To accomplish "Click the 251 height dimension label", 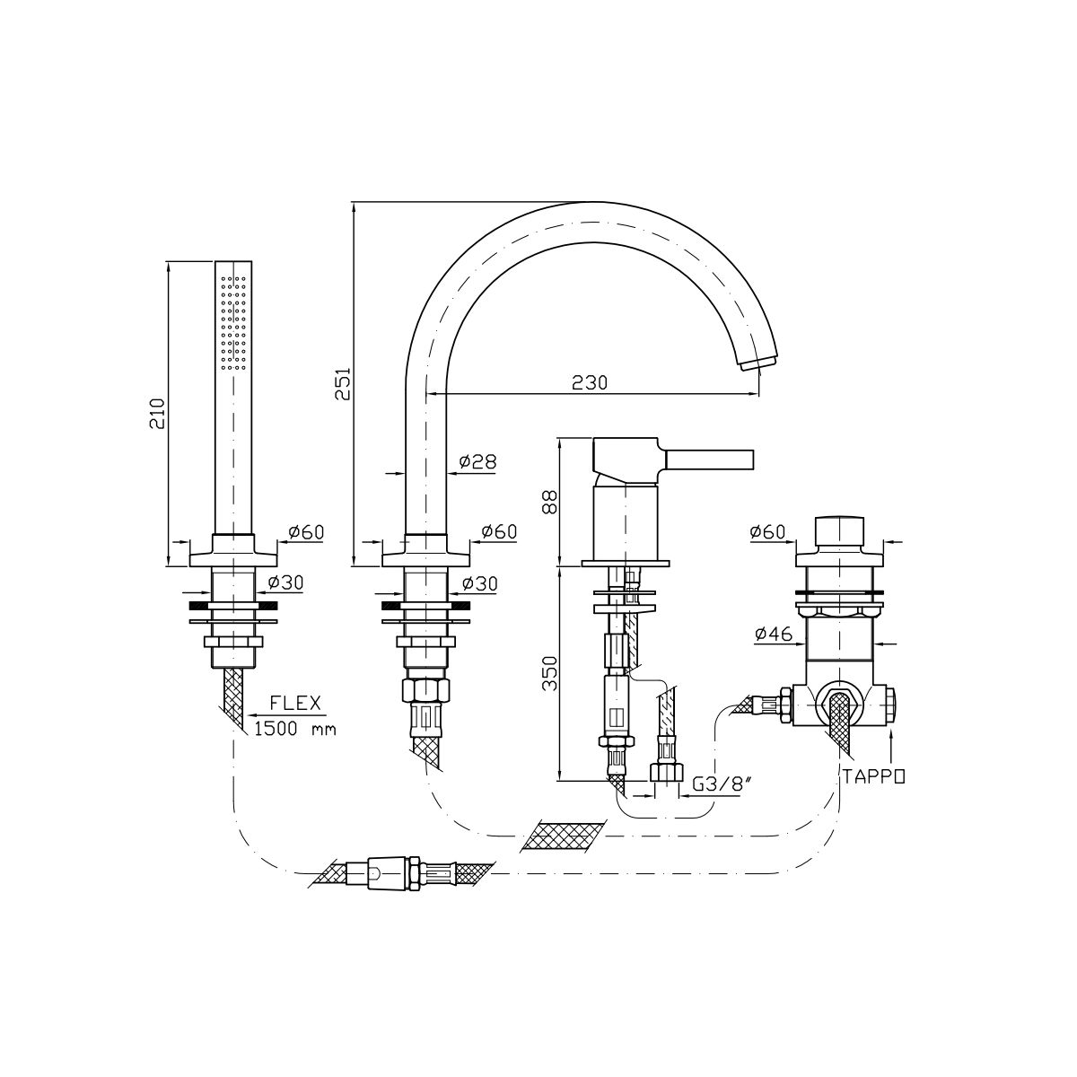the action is [x=343, y=383].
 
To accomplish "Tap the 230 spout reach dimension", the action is [x=589, y=382].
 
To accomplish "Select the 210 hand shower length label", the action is [x=158, y=413].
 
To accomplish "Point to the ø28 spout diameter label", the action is [x=477, y=461].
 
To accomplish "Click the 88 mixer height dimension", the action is [x=550, y=502].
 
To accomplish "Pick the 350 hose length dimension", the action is [x=550, y=673].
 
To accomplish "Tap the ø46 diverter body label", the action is [x=773, y=634].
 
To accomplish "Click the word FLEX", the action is [x=295, y=703].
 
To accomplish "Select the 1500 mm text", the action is [x=295, y=729].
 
